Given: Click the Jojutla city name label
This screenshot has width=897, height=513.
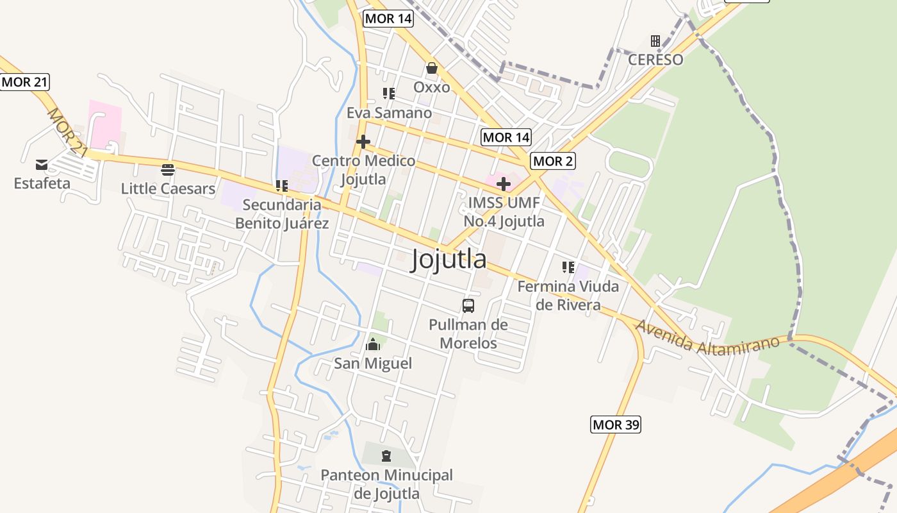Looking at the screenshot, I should [448, 259].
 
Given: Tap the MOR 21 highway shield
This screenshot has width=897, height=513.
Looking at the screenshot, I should [25, 82].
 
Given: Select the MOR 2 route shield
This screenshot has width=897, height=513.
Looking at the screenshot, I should [552, 161].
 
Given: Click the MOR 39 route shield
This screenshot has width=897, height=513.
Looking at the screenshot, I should [615, 425].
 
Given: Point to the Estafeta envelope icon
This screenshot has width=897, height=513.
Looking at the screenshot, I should [42, 165].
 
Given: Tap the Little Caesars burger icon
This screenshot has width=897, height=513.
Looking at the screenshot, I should [168, 170].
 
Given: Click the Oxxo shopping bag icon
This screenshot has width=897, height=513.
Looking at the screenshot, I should [432, 68].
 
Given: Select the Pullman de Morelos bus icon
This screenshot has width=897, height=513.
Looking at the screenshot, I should [468, 305].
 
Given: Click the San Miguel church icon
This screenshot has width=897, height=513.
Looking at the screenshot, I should [373, 345].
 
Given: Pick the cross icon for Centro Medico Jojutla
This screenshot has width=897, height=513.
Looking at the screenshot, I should [363, 142].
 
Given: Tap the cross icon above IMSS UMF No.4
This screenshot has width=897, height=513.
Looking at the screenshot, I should [504, 185].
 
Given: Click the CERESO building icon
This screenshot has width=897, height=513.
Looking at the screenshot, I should [655, 41].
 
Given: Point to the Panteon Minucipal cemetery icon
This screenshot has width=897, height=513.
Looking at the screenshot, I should [386, 456].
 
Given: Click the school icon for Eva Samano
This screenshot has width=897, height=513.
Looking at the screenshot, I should [389, 94].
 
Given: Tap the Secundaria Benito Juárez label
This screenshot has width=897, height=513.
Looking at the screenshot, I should [282, 214].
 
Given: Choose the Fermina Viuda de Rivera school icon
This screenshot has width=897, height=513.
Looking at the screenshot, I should [568, 267].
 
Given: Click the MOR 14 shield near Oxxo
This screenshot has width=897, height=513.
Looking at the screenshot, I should [388, 19].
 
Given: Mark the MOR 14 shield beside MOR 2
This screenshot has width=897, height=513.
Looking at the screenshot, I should [506, 137].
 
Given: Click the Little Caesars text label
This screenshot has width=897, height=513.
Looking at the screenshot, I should [168, 189].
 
